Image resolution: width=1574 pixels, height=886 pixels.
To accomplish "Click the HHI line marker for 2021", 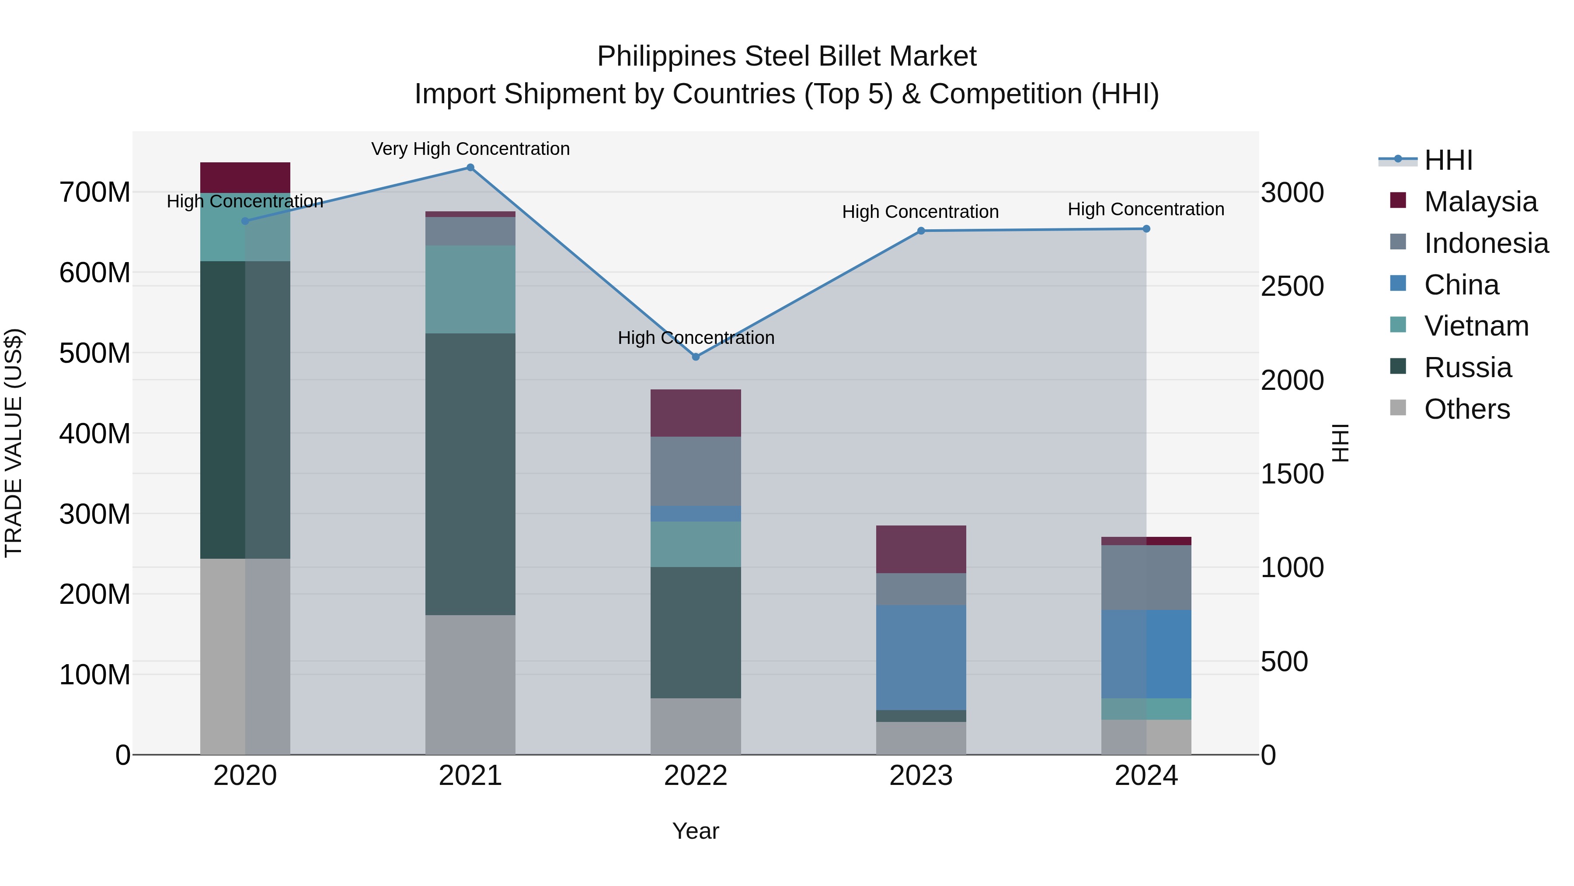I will [x=470, y=168].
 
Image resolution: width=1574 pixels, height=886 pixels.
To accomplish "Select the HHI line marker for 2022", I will [x=695, y=357].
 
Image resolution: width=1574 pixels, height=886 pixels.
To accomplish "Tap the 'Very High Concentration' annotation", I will [x=470, y=149].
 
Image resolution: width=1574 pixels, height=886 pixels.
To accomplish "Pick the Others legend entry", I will [x=1466, y=409].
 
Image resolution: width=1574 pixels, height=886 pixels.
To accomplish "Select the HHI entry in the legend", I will [x=1448, y=160].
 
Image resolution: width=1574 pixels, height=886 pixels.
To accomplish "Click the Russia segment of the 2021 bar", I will [x=470, y=474].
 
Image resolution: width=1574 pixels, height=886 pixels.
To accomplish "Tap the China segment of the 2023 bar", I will [x=921, y=657].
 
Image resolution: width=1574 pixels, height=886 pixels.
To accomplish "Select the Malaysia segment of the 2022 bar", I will [x=695, y=413].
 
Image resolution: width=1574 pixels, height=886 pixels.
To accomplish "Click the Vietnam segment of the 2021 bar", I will [x=470, y=289].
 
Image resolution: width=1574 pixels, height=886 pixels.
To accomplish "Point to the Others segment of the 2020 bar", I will [x=245, y=656].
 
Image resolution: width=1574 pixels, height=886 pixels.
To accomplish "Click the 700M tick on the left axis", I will [x=95, y=193].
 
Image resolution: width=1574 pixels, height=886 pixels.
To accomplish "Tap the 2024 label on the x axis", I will [x=1146, y=776].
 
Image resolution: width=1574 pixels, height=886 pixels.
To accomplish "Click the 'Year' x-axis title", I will [x=695, y=831].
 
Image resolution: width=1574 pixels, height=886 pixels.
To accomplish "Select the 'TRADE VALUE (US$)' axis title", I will [x=14, y=443].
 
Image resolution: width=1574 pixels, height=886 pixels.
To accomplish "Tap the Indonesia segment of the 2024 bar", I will [x=1146, y=577].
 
